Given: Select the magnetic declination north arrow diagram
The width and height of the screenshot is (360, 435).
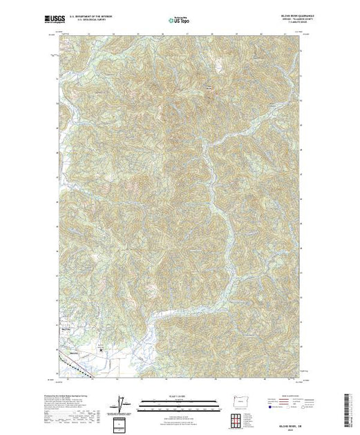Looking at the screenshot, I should point(124,400).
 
